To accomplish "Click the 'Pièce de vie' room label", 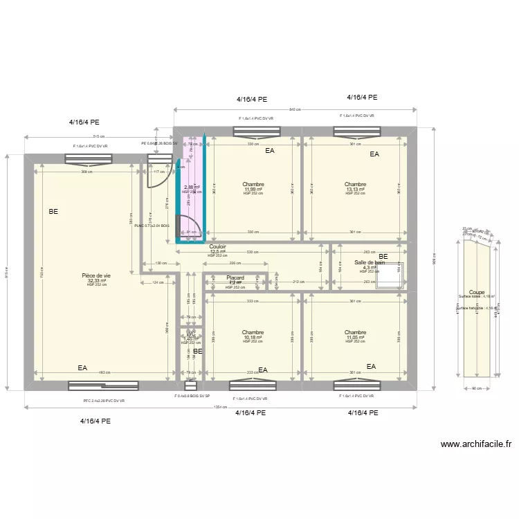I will coord(96,275).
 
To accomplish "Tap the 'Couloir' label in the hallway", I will coord(218,246).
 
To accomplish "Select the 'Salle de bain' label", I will coord(370,263).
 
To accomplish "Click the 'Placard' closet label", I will coord(235,277).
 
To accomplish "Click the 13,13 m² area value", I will coord(355,190).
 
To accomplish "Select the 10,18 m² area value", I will coord(253,338).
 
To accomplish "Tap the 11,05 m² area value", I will coord(354,338).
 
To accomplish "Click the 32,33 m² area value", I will coord(96,281).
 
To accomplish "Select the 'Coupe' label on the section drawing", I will coord(476,293).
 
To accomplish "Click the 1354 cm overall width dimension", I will coord(221,406).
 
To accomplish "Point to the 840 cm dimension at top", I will coord(294,109).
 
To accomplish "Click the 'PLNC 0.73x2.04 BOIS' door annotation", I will coord(152,226).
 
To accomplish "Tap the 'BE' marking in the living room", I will coord(53,212).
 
